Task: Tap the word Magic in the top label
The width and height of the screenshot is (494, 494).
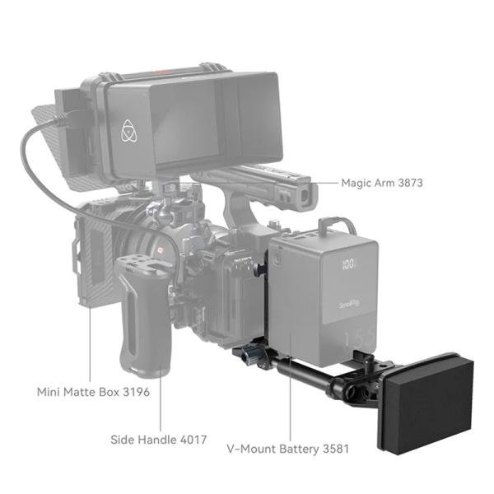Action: tap(360, 182)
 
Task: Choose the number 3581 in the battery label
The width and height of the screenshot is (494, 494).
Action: tap(334, 450)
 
